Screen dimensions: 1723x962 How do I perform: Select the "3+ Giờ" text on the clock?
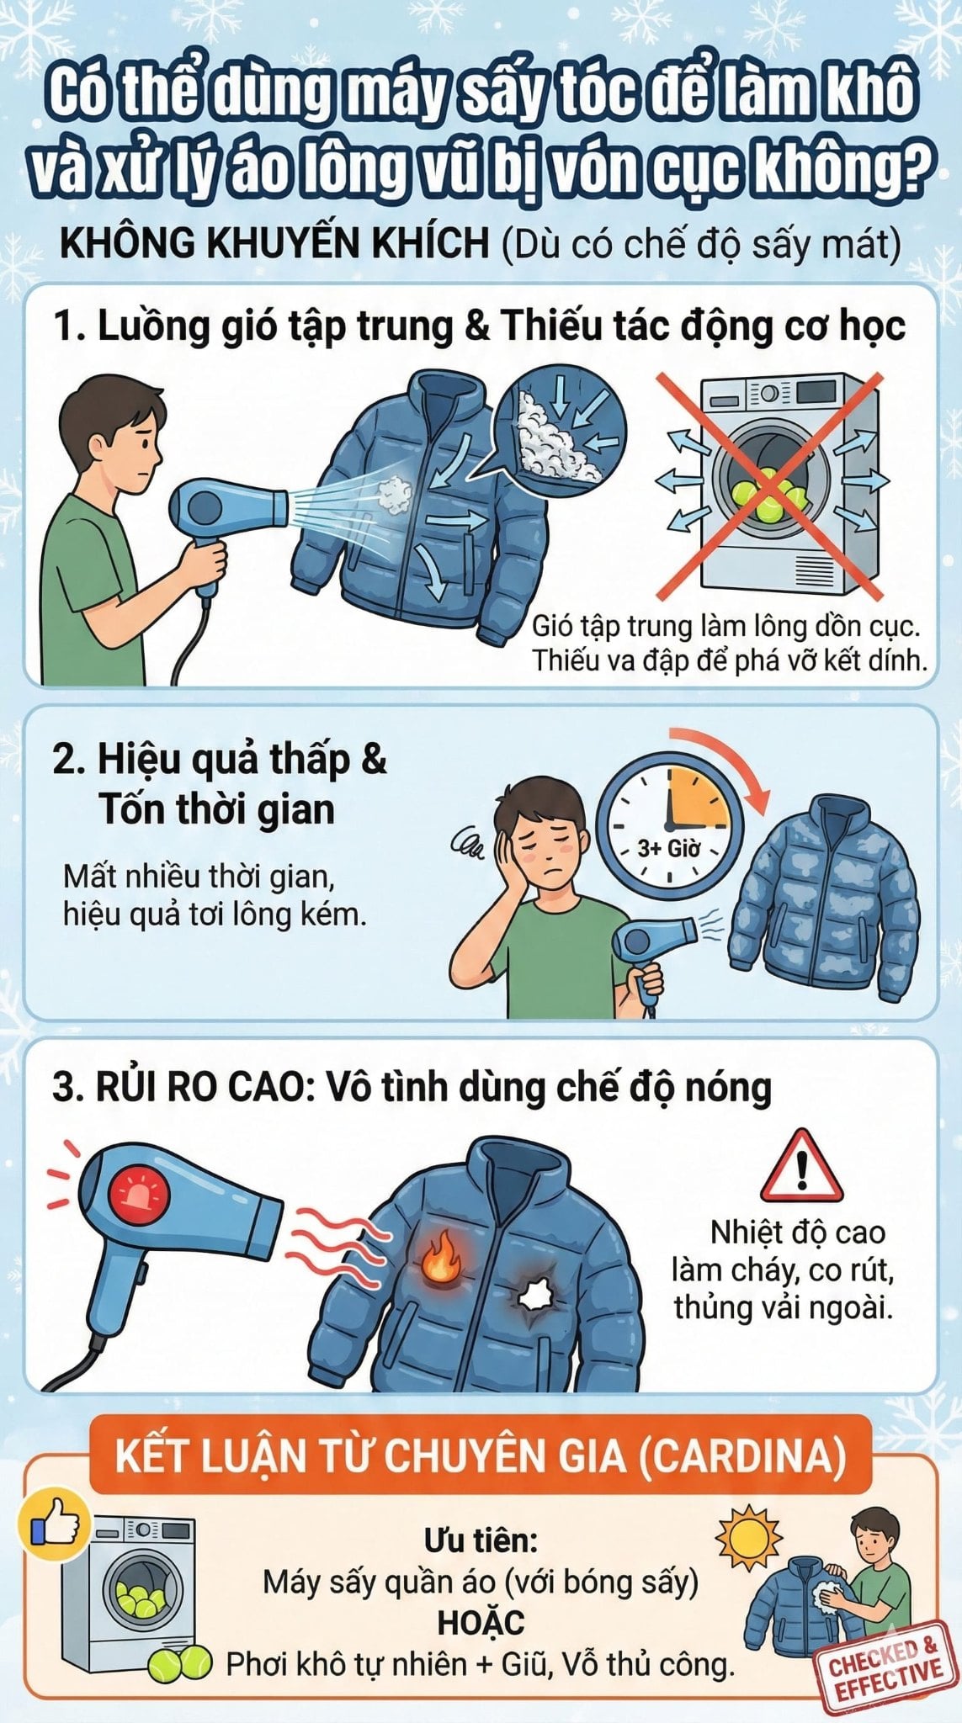(668, 847)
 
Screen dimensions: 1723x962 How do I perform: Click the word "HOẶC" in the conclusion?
(481, 1622)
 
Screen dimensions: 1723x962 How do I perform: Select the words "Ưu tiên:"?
(481, 1541)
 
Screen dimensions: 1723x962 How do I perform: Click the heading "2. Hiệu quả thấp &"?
(220, 759)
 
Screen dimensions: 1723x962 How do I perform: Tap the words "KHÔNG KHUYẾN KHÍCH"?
(274, 245)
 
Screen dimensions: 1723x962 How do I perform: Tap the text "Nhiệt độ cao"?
(797, 1233)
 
